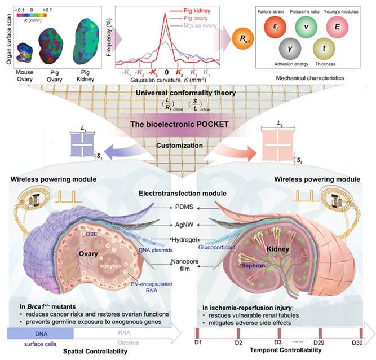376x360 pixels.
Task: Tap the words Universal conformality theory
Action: point(187,92)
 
